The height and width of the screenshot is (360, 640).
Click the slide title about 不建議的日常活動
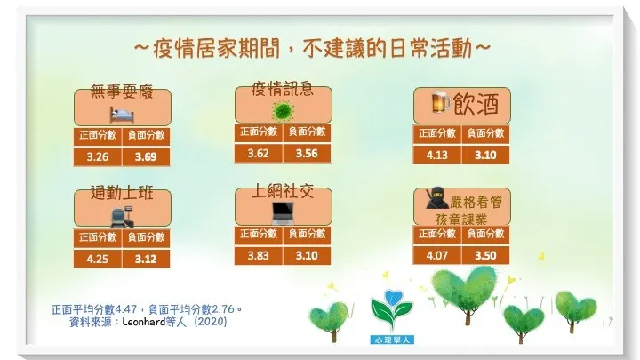(x=311, y=47)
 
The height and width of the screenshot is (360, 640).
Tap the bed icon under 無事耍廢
(x=121, y=114)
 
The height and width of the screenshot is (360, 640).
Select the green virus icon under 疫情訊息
(x=283, y=111)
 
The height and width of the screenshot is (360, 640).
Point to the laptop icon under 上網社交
(x=283, y=212)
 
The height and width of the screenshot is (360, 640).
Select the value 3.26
(x=96, y=157)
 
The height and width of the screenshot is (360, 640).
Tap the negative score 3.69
(x=145, y=157)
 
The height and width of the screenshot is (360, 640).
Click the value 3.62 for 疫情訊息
(x=259, y=152)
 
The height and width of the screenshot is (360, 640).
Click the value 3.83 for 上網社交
(x=259, y=255)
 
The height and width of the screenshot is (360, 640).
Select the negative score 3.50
(x=485, y=255)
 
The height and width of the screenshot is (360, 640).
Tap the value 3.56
(x=308, y=152)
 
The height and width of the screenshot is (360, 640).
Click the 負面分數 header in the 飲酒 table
(x=485, y=133)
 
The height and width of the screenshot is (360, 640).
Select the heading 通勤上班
(x=122, y=195)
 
